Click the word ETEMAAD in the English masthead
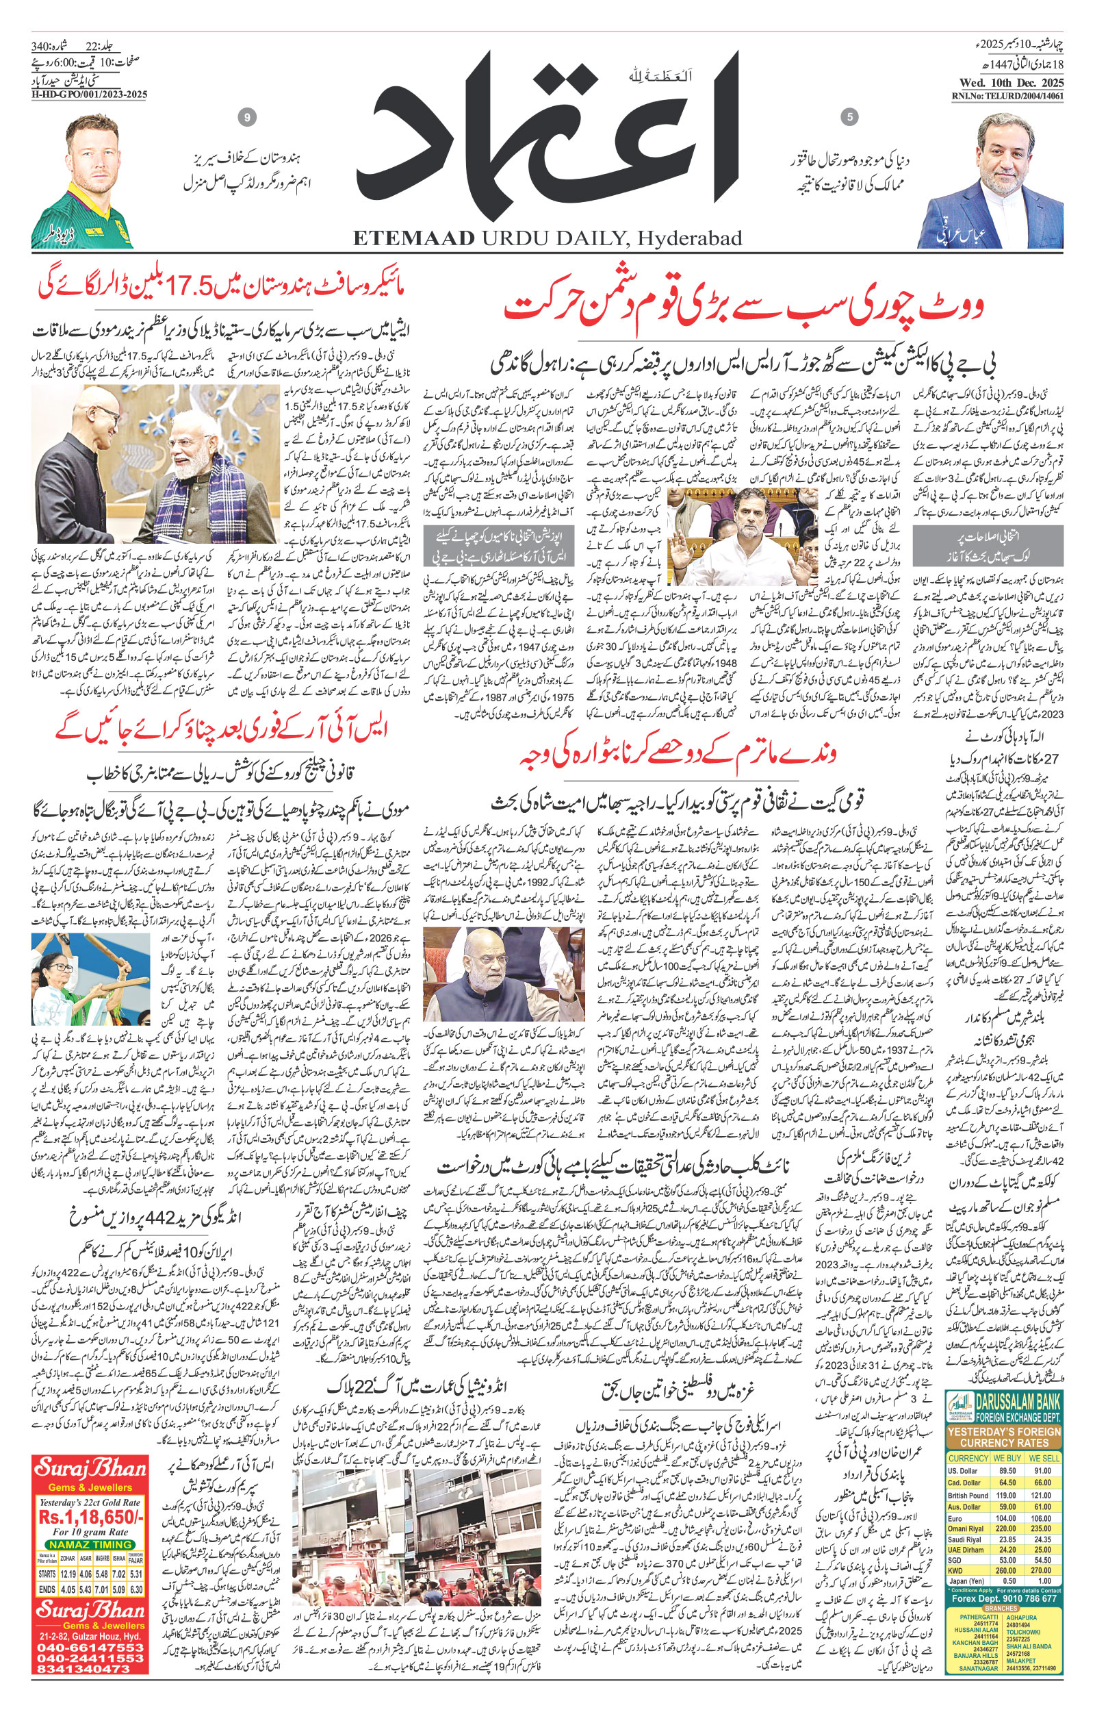tap(414, 238)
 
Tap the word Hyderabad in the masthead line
tap(688, 238)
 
